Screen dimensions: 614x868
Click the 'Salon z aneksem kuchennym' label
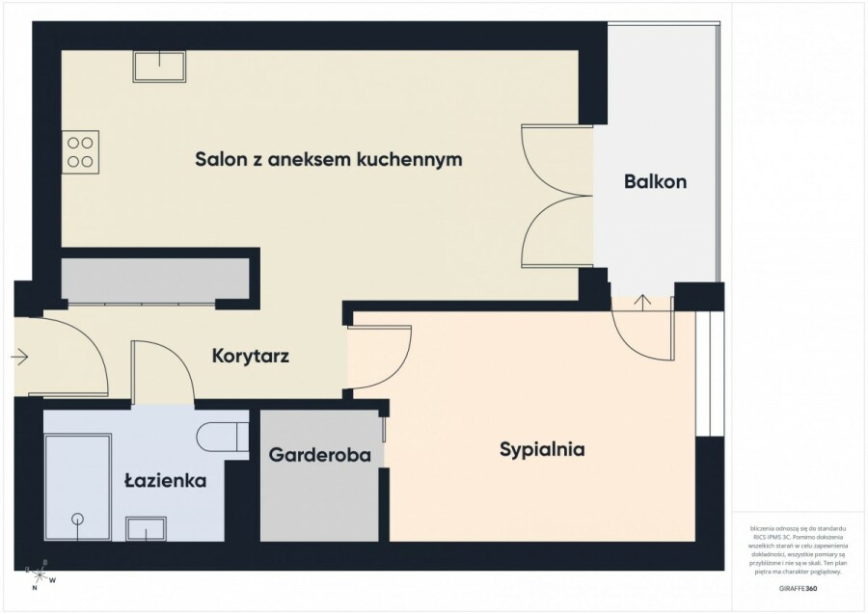[328, 159]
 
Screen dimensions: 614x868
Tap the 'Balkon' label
[655, 181]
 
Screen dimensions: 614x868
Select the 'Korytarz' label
[250, 356]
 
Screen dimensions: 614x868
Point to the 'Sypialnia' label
[542, 448]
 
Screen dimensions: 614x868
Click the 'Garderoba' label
[320, 454]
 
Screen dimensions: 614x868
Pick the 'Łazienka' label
[165, 479]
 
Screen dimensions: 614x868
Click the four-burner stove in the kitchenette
[80, 151]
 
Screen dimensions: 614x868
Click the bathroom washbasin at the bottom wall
[148, 529]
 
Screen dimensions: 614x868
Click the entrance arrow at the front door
[20, 358]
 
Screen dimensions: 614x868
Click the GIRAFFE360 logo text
[797, 587]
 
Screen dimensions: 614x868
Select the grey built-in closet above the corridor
[155, 280]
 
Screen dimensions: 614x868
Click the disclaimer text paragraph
[796, 550]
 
